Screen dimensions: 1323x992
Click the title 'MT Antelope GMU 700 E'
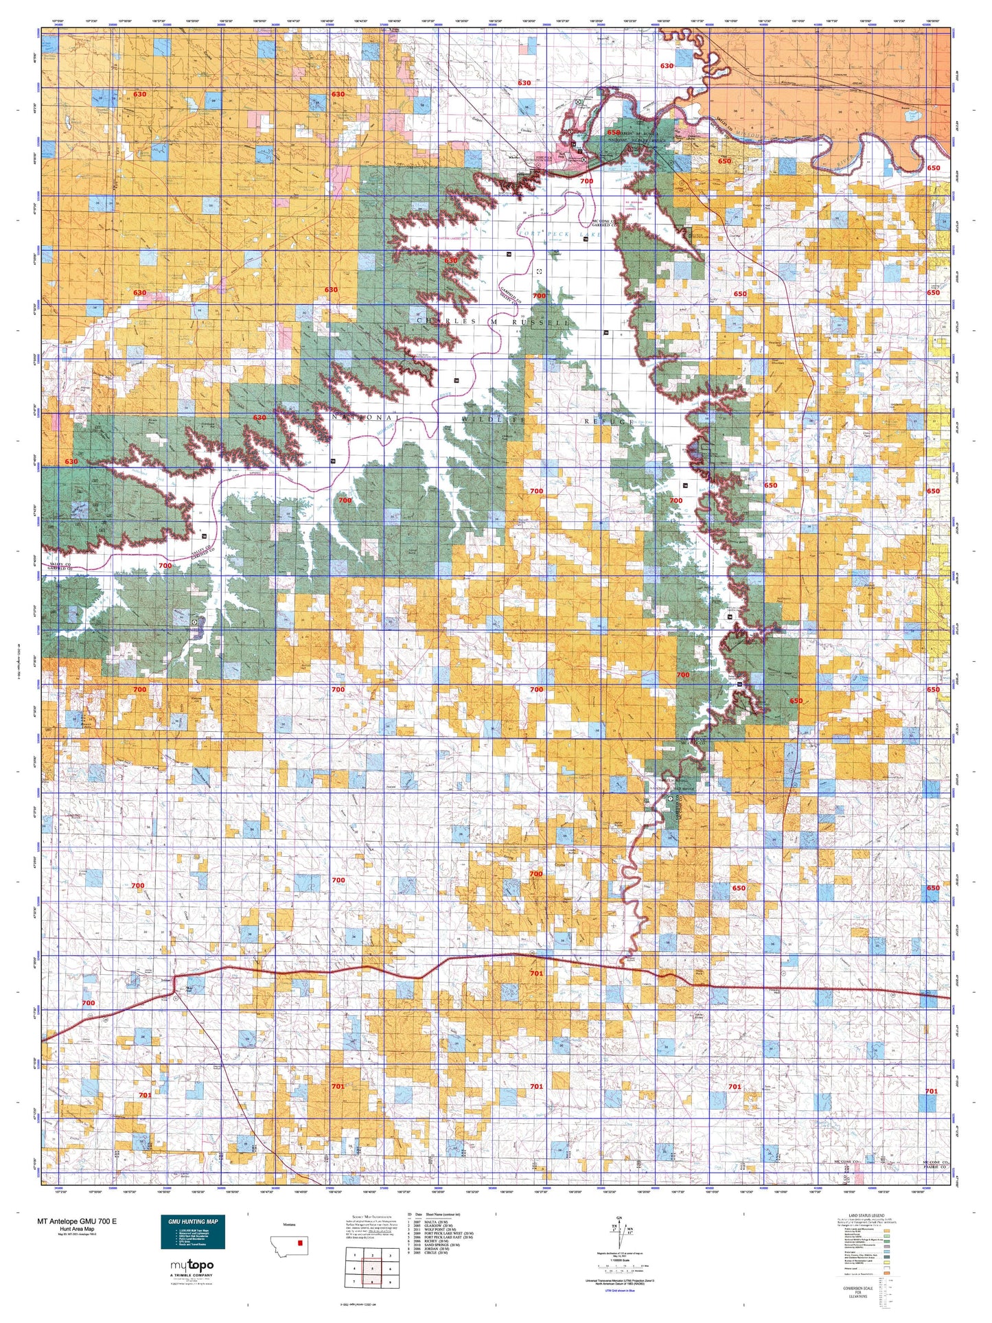click(77, 1221)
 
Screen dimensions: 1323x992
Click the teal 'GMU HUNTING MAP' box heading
click(192, 1221)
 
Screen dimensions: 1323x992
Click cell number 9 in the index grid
click(390, 1282)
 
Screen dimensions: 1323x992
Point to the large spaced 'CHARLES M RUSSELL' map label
click(493, 321)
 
